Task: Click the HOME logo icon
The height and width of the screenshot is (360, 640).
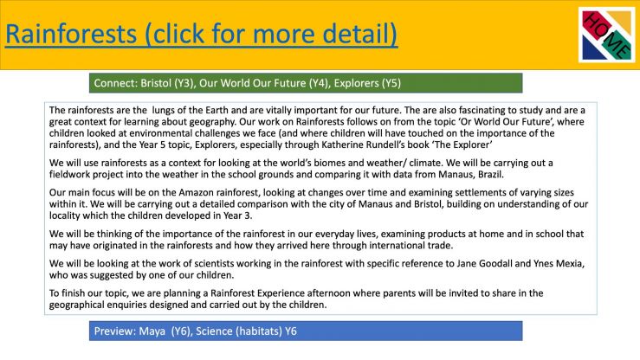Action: click(606, 35)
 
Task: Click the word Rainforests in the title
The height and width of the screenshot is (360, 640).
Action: click(71, 34)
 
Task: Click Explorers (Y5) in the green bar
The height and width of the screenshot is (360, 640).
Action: click(367, 83)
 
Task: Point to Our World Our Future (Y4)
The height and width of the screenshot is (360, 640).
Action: click(263, 83)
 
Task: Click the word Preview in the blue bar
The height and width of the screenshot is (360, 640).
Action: click(114, 331)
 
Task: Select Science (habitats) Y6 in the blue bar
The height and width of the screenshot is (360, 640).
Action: click(246, 331)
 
